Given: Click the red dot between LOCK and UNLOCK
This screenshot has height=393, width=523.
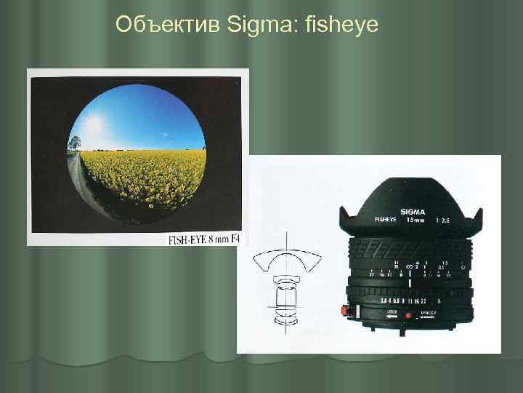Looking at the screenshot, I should coord(408,316).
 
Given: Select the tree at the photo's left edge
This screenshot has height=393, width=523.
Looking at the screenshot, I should coord(75,143).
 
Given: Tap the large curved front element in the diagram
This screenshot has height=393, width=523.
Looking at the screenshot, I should coord(287,260).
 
